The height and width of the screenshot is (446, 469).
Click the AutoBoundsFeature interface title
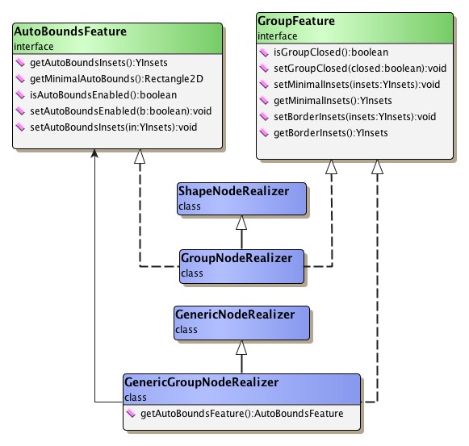(71, 32)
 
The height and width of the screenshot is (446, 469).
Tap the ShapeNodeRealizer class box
(241, 199)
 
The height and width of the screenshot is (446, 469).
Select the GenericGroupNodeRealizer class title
(201, 382)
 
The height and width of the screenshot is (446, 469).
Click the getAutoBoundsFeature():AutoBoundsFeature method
(241, 414)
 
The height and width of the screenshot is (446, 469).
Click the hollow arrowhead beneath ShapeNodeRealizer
(241, 223)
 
